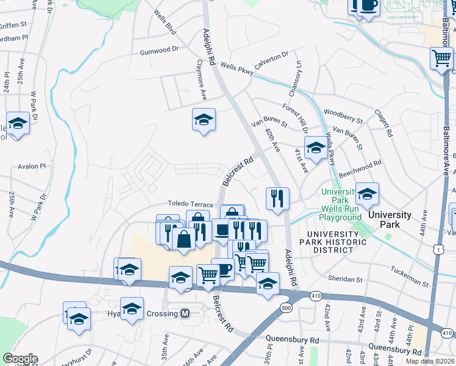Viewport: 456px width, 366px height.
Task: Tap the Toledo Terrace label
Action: pos(191,204)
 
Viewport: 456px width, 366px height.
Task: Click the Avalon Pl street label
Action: pos(32,166)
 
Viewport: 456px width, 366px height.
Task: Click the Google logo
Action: pos(20,359)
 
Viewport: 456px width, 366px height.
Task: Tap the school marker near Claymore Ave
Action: pos(204,120)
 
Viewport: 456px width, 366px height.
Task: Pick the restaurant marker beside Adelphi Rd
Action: pos(277,198)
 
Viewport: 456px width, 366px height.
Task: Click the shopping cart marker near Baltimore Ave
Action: pos(441,59)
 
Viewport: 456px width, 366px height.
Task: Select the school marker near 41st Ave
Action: pos(315,148)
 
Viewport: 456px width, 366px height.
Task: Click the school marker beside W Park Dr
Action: pos(18,124)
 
